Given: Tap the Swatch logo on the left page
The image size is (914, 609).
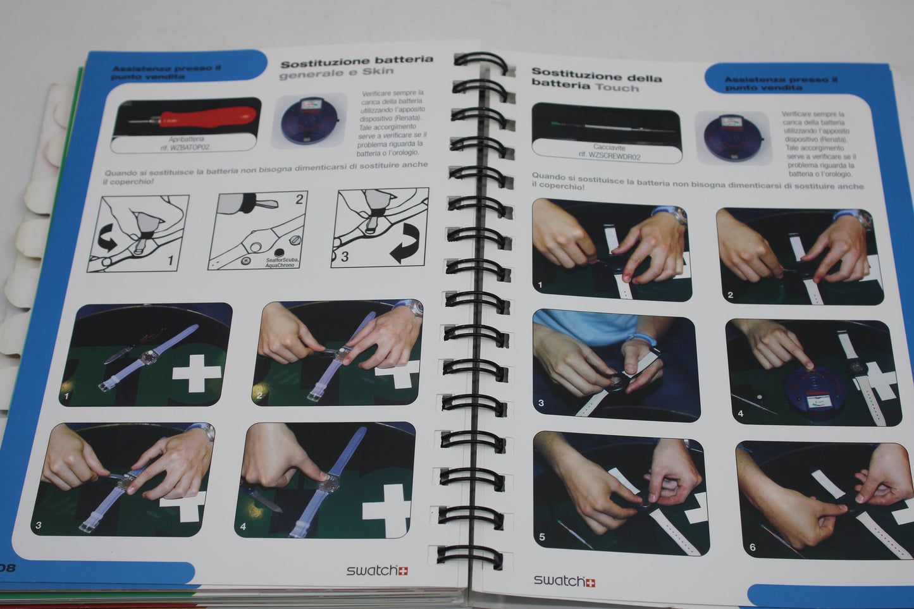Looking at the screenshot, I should click(x=377, y=570).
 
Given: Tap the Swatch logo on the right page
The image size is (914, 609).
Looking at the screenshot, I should click(x=564, y=581).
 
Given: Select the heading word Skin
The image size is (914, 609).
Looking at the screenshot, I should click(x=378, y=71).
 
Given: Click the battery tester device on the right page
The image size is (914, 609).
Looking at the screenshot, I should click(x=732, y=137).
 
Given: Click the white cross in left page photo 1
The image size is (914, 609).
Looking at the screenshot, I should click(x=197, y=374).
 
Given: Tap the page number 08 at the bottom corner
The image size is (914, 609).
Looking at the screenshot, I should click(x=7, y=567).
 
